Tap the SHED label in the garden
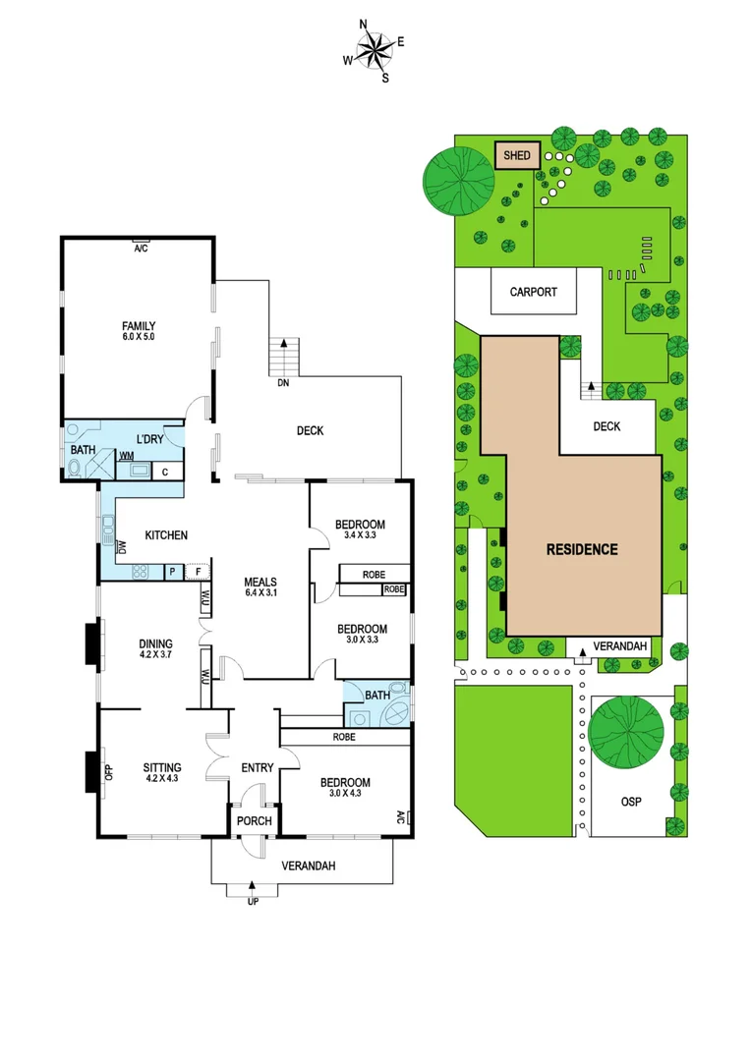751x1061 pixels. pyautogui.click(x=517, y=155)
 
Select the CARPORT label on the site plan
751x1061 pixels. pyautogui.click(x=534, y=292)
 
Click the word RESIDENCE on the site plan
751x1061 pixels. pyautogui.click(x=582, y=549)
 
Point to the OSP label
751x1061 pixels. pyautogui.click(x=630, y=803)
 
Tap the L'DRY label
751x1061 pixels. pyautogui.click(x=150, y=438)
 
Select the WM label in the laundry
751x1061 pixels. pyautogui.click(x=127, y=456)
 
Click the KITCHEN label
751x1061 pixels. pyautogui.click(x=166, y=535)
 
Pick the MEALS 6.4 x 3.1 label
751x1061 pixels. pyautogui.click(x=260, y=586)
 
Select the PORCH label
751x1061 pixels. pyautogui.click(x=254, y=821)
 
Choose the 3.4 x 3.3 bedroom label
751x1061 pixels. pyautogui.click(x=361, y=530)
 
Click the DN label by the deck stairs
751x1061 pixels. pyautogui.click(x=283, y=383)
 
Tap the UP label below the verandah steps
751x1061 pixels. pyautogui.click(x=253, y=901)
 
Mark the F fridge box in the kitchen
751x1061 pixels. pyautogui.click(x=199, y=571)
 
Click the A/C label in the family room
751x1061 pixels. pyautogui.click(x=140, y=249)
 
